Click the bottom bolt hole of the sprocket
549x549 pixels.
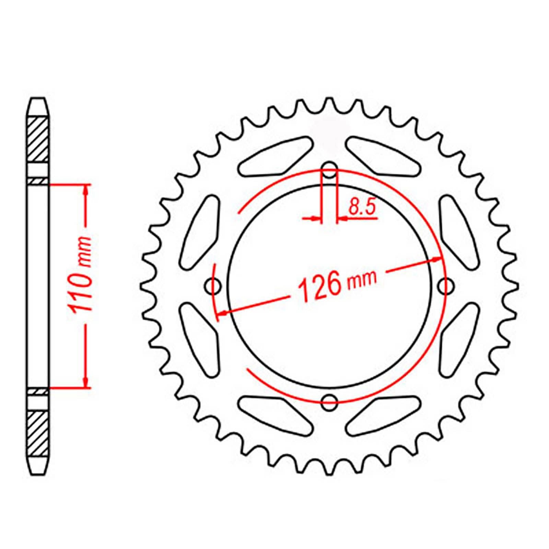[x=330, y=402]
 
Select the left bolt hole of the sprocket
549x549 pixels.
[x=213, y=285]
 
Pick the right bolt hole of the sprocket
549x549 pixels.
[x=446, y=285]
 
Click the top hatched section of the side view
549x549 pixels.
[x=37, y=139]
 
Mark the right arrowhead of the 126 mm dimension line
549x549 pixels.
[x=436, y=259]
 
